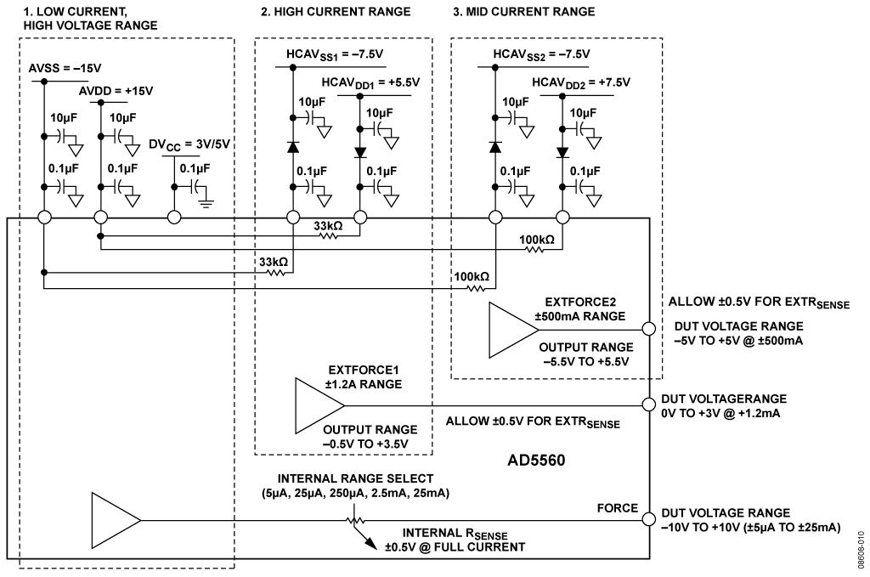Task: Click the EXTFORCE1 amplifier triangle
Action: coord(319,405)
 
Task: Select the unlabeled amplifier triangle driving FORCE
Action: coord(116,520)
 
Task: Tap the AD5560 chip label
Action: coord(536,461)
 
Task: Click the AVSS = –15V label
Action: coord(65,68)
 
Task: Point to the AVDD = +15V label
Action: coord(116,90)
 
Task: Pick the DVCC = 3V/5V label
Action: coord(189,144)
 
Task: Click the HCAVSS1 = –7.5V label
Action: coord(335,54)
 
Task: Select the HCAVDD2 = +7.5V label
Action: coord(581,82)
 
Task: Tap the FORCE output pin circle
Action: coord(648,519)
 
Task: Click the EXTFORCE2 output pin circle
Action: coord(648,329)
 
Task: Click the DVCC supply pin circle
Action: coord(174,218)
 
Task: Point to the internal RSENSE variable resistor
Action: coord(356,520)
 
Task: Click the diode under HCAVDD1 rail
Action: coord(360,152)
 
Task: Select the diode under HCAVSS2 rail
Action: coord(495,147)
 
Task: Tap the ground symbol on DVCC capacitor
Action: coord(206,202)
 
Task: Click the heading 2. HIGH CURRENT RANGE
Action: coord(336,12)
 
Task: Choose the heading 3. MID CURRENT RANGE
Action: coord(523,12)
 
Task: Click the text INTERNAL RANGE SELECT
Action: coord(356,478)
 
